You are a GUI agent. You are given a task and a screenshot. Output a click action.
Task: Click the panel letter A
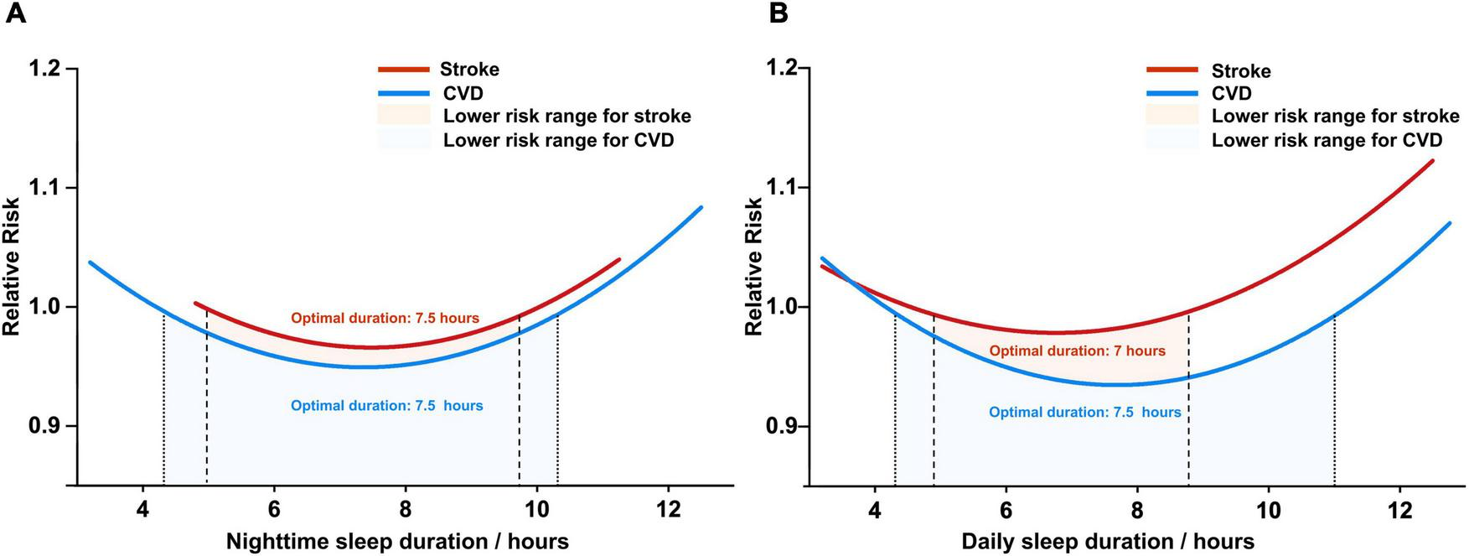tap(16, 14)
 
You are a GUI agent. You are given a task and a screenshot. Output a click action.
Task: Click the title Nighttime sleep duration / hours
tap(397, 541)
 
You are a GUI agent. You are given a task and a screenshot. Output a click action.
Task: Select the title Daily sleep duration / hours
tap(1108, 541)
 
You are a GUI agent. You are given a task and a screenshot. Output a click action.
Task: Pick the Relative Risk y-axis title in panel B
tap(754, 267)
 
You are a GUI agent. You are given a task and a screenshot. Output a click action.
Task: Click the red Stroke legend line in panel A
tap(403, 70)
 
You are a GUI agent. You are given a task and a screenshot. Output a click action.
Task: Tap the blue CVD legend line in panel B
tap(1172, 93)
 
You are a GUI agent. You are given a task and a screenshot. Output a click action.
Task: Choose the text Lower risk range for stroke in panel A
tap(566, 117)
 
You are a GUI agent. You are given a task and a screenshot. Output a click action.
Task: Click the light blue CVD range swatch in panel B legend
tap(1172, 139)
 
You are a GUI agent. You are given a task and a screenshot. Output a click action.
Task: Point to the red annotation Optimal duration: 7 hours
tap(1077, 351)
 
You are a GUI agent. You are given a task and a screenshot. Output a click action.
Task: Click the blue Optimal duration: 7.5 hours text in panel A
tap(386, 406)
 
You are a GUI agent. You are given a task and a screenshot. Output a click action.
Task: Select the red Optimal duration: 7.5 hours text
tap(385, 319)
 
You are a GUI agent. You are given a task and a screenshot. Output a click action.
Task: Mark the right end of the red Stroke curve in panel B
tap(1433, 161)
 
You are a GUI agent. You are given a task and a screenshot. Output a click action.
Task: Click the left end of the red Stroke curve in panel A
tap(195, 304)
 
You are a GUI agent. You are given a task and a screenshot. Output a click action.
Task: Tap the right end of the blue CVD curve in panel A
tap(701, 207)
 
